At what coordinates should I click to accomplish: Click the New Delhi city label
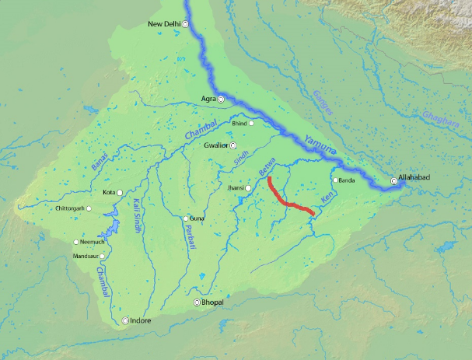click(x=164, y=24)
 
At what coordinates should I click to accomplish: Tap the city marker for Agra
click(x=221, y=100)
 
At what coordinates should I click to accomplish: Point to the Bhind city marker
click(x=251, y=123)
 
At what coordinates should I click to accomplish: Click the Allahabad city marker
click(x=394, y=181)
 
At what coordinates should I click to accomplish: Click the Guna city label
click(x=197, y=218)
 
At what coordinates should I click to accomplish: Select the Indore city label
click(x=141, y=320)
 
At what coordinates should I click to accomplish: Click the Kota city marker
click(x=121, y=192)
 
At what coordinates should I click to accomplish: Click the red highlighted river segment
click(x=288, y=201)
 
